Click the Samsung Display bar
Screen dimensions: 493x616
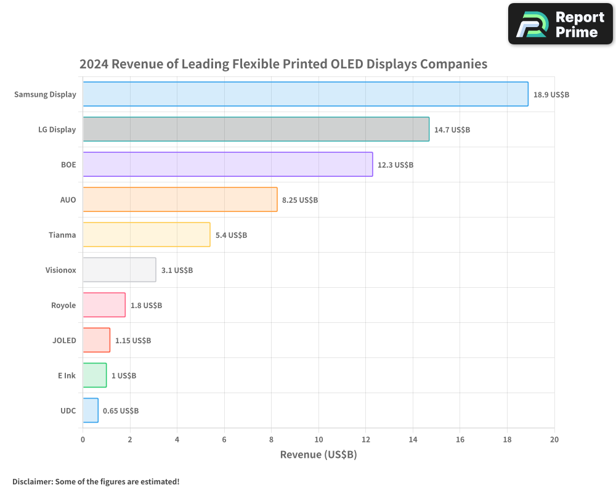pyautogui.click(x=306, y=94)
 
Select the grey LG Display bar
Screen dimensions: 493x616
pyautogui.click(x=256, y=129)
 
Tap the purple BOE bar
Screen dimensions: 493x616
pyautogui.click(x=228, y=165)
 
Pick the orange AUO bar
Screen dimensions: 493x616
pyautogui.click(x=180, y=200)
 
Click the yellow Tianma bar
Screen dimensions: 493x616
pyautogui.click(x=147, y=235)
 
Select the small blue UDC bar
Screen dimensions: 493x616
pyautogui.click(x=91, y=410)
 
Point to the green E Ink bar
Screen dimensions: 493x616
pyautogui.click(x=95, y=375)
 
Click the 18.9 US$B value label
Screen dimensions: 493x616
pyautogui.click(x=551, y=95)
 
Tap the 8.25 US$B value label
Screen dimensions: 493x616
pyautogui.click(x=300, y=200)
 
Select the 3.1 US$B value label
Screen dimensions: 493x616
pyautogui.click(x=177, y=271)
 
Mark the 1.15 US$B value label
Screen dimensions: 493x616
pyautogui.click(x=133, y=341)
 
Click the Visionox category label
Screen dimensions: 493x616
pyautogui.click(x=60, y=270)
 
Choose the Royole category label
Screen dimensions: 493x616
pyautogui.click(x=63, y=305)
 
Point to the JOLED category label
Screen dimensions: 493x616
pyautogui.click(x=64, y=340)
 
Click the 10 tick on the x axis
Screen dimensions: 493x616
pyautogui.click(x=318, y=439)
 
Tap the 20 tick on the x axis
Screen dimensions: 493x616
pyautogui.click(x=554, y=439)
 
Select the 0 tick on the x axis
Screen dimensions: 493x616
pyautogui.click(x=83, y=439)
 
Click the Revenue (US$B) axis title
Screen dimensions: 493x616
pyautogui.click(x=318, y=455)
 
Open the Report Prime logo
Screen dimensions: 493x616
pyautogui.click(x=561, y=24)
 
